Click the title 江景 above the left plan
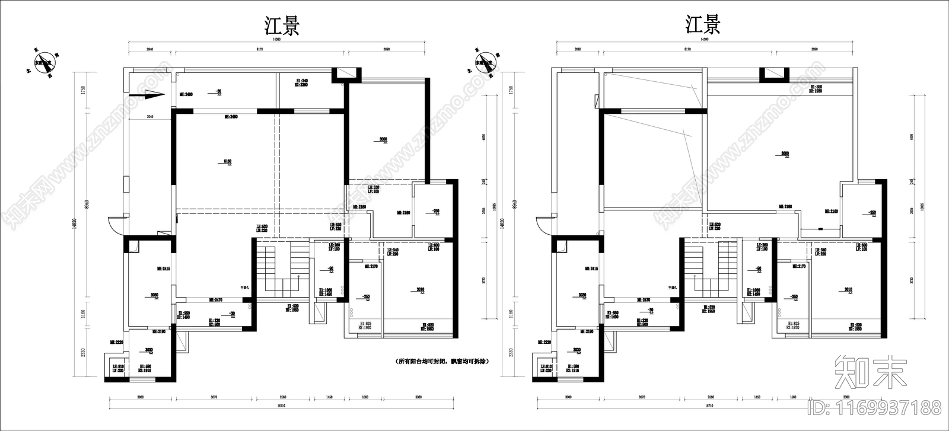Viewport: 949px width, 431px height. (x=282, y=26)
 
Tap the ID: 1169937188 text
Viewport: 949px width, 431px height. (x=874, y=408)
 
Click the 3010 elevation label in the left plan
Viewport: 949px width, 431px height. (x=420, y=289)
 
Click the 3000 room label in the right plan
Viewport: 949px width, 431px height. (x=785, y=154)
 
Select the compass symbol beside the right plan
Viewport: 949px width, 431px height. (x=486, y=63)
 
